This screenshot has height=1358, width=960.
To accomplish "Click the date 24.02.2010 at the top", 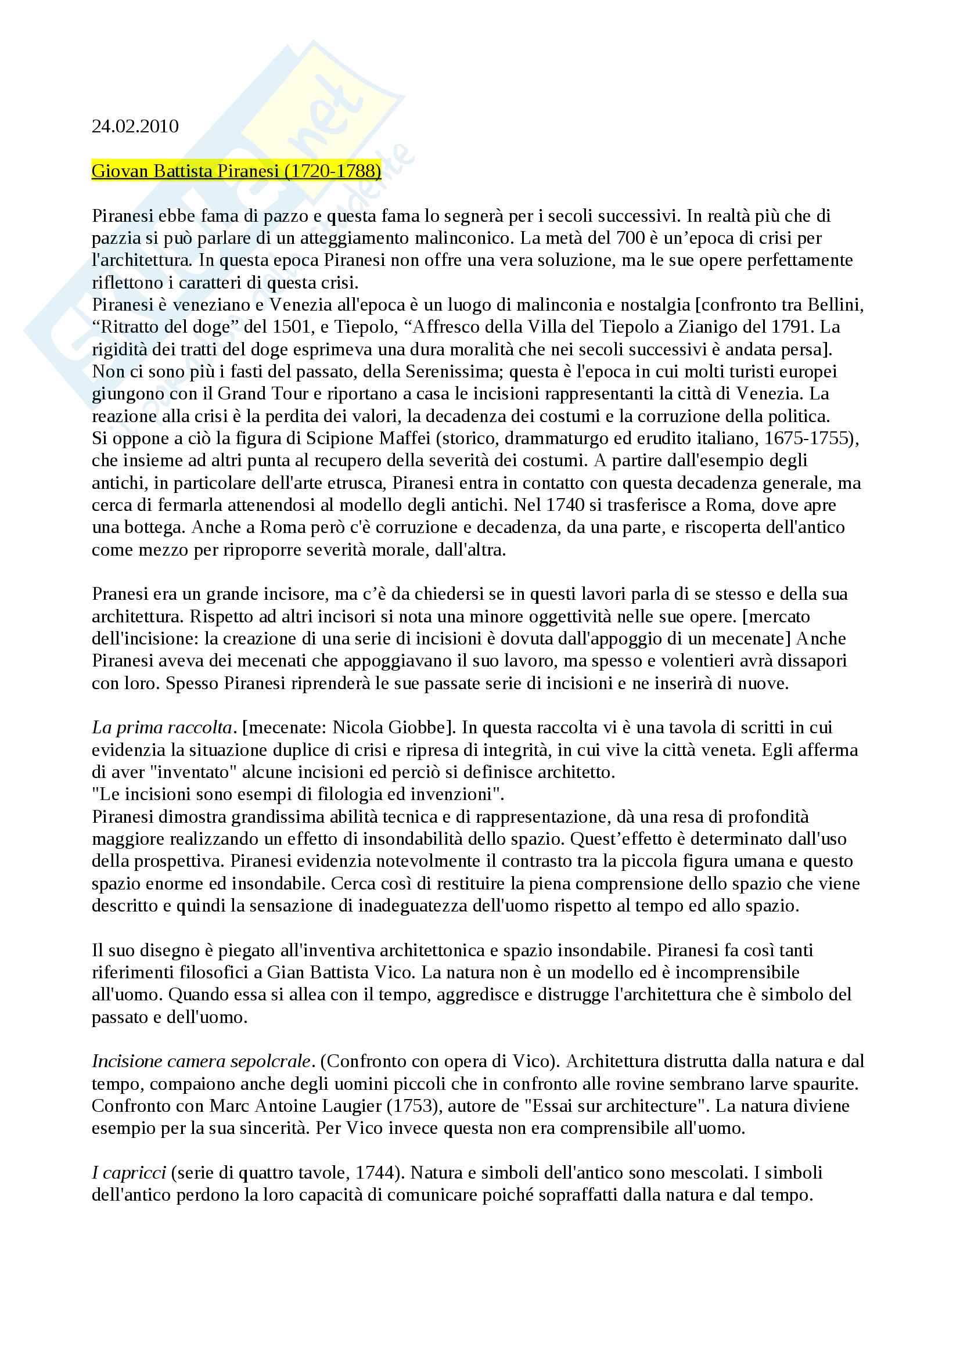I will tap(135, 127).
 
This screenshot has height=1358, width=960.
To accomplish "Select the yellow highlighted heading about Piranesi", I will tap(236, 171).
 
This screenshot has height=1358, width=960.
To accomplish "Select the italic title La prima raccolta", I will tap(161, 728).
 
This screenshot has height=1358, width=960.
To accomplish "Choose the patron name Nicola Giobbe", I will tap(390, 728).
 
